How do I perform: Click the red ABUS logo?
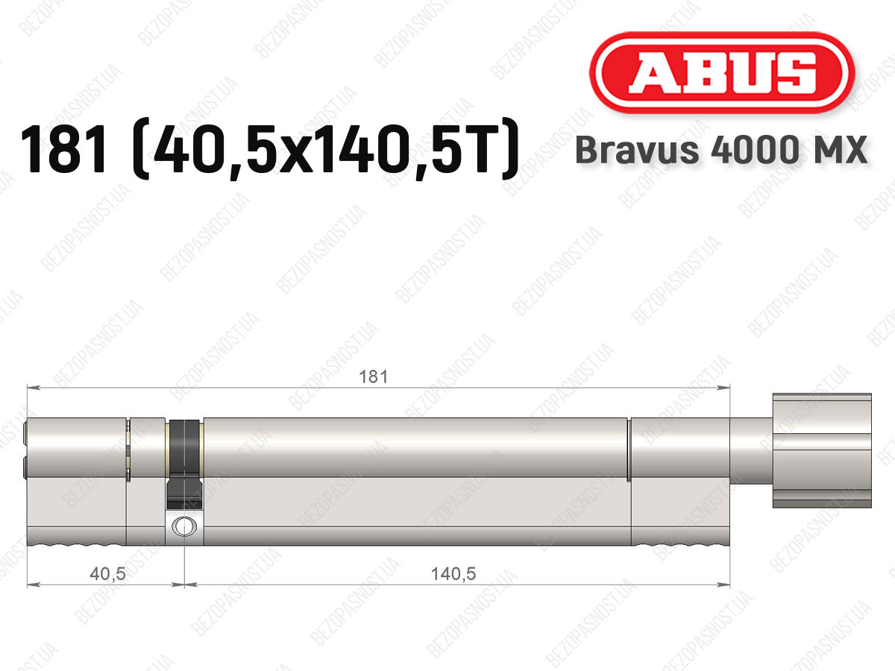tap(722, 72)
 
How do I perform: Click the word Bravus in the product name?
tap(637, 150)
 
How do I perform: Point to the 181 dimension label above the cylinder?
tap(374, 377)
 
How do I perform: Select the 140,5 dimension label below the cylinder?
tap(453, 573)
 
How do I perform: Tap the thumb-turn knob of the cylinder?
tap(822, 450)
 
